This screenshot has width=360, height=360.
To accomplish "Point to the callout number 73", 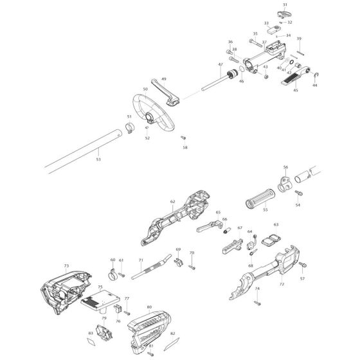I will pos(48,265).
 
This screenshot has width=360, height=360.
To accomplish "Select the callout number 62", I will pos(172,201).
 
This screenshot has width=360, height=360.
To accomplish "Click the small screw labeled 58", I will pos(184,137).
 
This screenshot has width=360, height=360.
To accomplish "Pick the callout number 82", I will pos(172,333).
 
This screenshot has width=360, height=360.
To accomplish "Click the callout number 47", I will pos(220,65).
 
